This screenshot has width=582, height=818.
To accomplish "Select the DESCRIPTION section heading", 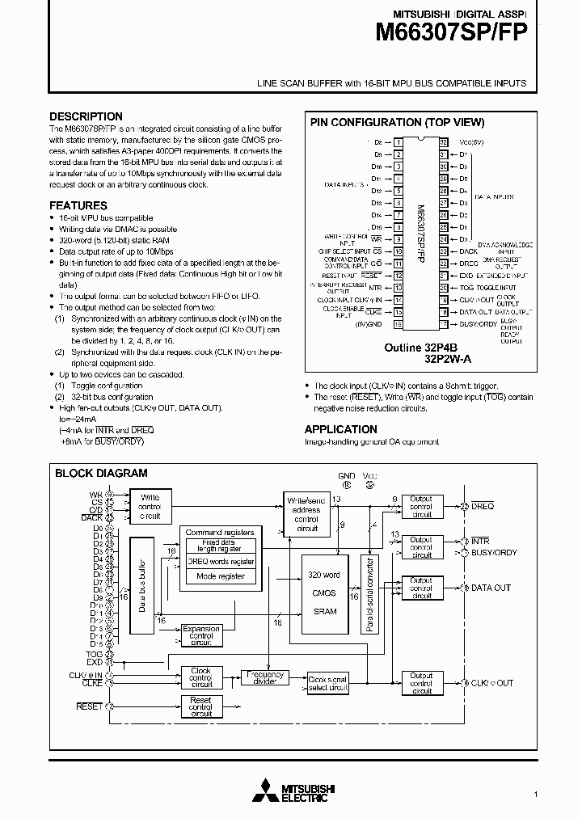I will point(86,116).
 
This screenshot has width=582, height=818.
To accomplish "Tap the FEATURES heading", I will point(78,205).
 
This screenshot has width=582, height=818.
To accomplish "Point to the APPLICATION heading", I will point(340,429).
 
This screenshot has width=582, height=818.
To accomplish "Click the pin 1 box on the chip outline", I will point(399,142).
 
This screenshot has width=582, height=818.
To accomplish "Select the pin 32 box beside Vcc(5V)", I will point(444,142).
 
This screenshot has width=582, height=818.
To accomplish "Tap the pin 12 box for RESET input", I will point(399,276).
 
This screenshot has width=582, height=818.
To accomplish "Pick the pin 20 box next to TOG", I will point(444,288).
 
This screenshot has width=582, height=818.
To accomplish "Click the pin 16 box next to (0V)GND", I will point(399,324).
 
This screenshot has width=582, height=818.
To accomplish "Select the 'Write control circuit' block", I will point(150,506).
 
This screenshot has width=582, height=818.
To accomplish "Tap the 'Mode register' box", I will point(220,576).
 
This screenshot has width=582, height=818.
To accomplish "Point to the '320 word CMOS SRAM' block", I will point(325,593).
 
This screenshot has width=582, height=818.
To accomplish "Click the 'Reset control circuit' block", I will point(200,706).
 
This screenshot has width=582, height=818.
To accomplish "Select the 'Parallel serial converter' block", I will point(370,594).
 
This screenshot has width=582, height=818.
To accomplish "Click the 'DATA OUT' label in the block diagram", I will point(491,588).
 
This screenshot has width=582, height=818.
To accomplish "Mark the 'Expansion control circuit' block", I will point(200,635).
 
